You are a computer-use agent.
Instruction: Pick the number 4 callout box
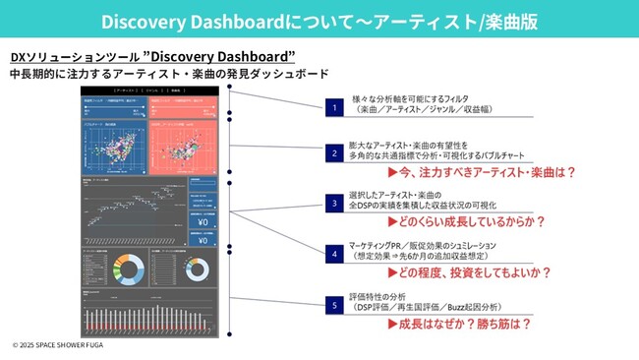334,252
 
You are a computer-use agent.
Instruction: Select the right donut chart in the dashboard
196,269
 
